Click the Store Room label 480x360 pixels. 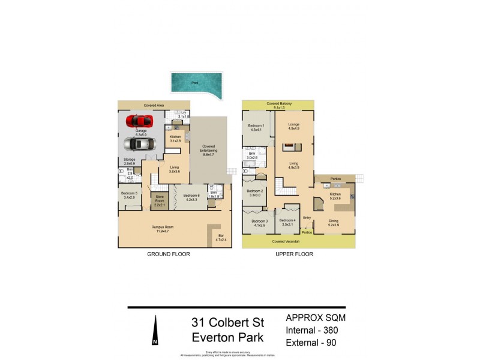pyautogui.click(x=160, y=199)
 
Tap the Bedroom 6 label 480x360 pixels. pyautogui.click(x=191, y=197)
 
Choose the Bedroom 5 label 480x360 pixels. pyautogui.click(x=130, y=194)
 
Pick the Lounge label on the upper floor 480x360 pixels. pyautogui.click(x=294, y=125)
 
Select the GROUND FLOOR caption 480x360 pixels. pyautogui.click(x=169, y=254)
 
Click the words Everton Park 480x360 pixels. pyautogui.click(x=227, y=337)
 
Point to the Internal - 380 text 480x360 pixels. pyautogui.click(x=314, y=329)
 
